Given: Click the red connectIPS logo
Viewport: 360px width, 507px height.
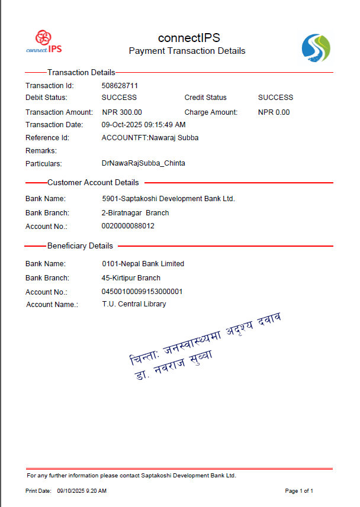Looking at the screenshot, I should [44, 41].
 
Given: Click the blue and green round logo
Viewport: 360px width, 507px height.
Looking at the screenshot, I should [316, 48].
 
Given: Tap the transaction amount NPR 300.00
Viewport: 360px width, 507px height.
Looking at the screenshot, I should [121, 112].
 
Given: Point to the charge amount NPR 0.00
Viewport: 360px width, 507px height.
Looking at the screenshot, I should [274, 112].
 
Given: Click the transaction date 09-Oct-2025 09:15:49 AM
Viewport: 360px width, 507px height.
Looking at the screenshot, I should [143, 125].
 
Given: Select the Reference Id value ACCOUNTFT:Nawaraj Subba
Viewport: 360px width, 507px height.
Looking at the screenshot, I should [150, 138].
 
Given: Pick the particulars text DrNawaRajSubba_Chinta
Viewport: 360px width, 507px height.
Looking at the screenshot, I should [143, 163].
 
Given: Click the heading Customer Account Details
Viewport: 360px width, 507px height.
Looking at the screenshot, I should [93, 183].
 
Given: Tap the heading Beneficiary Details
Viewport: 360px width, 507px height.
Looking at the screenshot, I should [80, 246].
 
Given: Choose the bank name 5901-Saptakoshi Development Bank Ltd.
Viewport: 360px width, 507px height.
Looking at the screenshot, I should [168, 199].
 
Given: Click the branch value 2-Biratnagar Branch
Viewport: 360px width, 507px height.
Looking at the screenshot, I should [135, 213].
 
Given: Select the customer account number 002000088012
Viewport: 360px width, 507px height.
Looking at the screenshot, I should [128, 226].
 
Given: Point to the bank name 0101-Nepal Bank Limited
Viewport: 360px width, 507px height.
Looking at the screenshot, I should [143, 264].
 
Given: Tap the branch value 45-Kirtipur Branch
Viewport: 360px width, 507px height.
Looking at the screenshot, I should [131, 278].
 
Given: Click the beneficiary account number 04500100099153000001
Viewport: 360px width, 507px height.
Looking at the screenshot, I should [142, 292].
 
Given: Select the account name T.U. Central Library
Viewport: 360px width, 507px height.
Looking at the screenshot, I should [134, 304].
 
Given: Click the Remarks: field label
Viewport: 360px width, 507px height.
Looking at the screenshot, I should [41, 151].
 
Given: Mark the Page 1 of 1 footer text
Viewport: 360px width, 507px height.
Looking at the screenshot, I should [299, 491].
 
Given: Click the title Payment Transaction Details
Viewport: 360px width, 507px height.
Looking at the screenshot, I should [187, 51].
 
